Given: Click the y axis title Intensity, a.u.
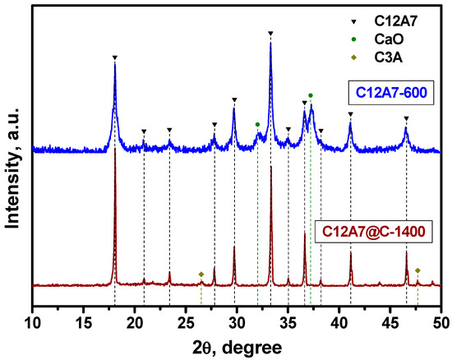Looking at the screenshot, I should pyautogui.click(x=12, y=156).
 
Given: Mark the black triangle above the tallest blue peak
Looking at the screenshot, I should pyautogui.click(x=271, y=34).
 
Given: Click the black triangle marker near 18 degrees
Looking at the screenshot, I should pyautogui.click(x=114, y=58).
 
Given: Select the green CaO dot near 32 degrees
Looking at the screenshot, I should pyautogui.click(x=257, y=124).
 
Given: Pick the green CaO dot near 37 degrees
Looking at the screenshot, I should pyautogui.click(x=311, y=95).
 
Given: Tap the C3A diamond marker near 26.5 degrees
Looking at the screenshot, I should pyautogui.click(x=201, y=274).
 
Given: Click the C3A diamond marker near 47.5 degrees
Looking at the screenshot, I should pyautogui.click(x=417, y=270).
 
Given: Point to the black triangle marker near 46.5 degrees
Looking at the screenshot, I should pyautogui.click(x=406, y=118).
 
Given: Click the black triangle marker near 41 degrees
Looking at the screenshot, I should pyautogui.click(x=351, y=114).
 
